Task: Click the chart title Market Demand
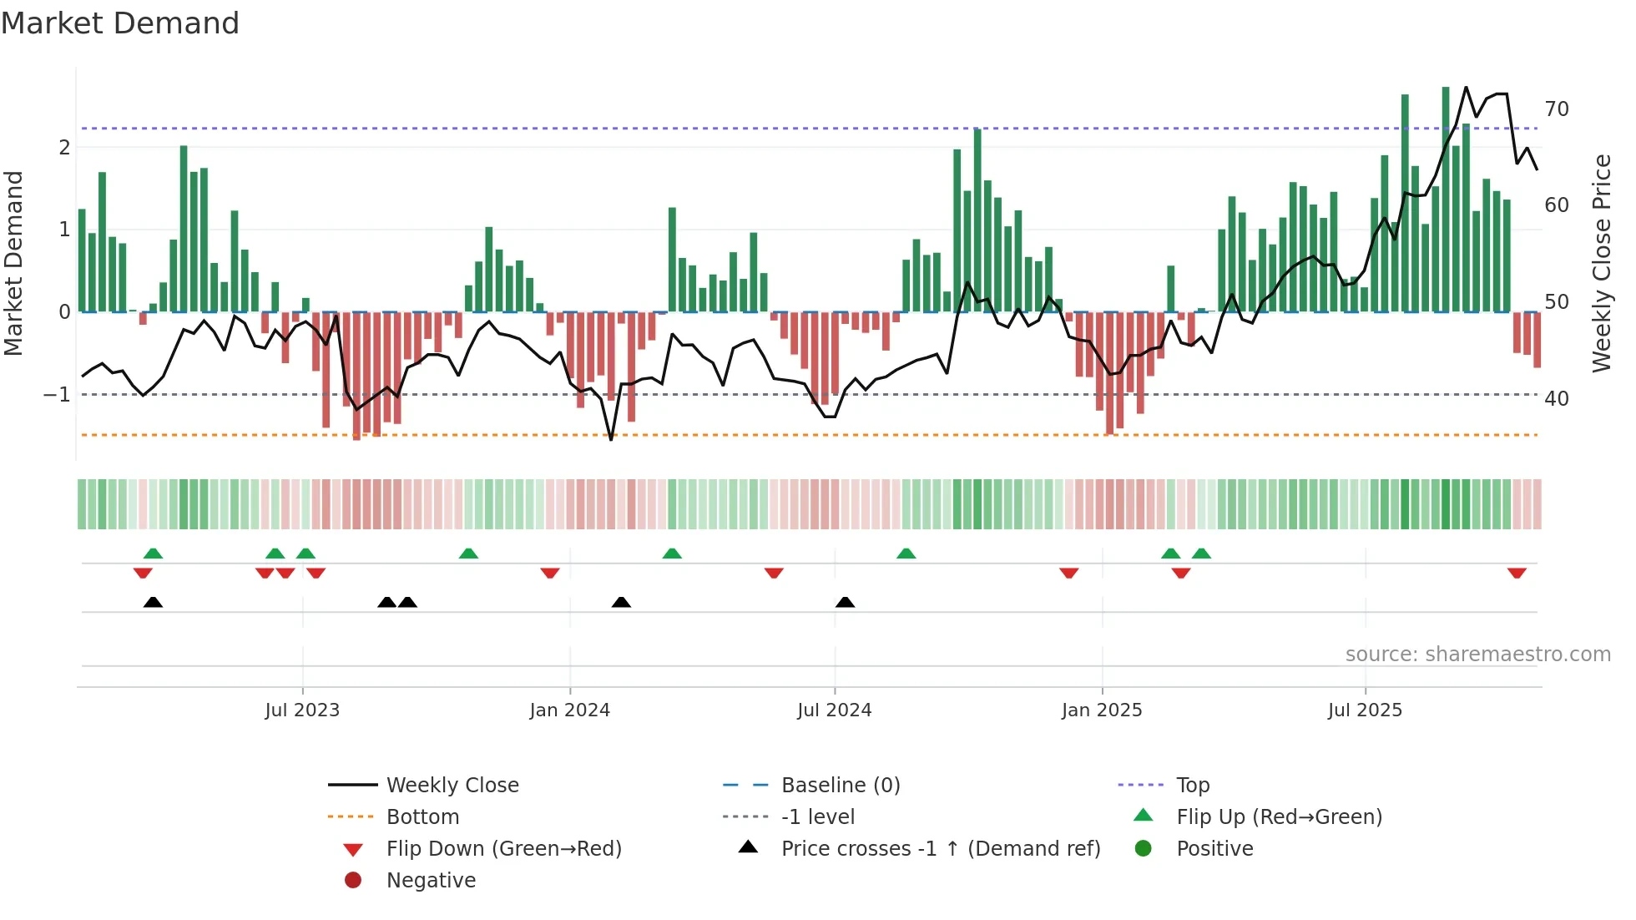pos(120,23)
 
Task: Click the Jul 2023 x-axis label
pos(302,710)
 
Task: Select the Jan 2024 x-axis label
pos(569,710)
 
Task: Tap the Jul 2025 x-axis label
pos(1365,710)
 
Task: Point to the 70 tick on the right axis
pos(1557,109)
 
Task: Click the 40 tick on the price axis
pos(1557,399)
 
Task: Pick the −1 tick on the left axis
pos(57,394)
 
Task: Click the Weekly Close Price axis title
pos(1601,263)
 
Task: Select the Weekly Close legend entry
pos(452,786)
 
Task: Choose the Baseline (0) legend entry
pos(840,786)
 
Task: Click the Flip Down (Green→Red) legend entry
pos(503,849)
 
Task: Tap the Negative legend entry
pos(431,881)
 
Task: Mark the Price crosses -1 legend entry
pos(940,849)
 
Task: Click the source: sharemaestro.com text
pos(1477,655)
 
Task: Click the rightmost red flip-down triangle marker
pos(1517,573)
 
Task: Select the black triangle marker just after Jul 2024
pos(845,602)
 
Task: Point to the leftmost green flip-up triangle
pos(153,554)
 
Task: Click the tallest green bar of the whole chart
pos(1446,200)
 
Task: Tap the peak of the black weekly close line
pos(1466,87)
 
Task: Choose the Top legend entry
pos(1192,786)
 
